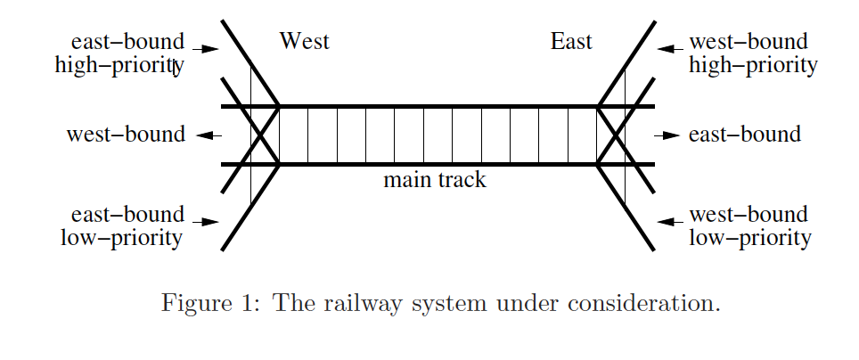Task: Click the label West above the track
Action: [x=304, y=41]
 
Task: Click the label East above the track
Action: [x=571, y=41]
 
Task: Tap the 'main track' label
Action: [x=435, y=180]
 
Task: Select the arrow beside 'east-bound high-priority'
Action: [x=207, y=49]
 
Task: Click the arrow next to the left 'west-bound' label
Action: [x=209, y=135]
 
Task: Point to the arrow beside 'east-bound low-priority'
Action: [x=207, y=222]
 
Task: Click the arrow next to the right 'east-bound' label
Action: [x=667, y=135]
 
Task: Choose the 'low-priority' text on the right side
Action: [x=750, y=239]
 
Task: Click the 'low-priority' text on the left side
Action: [x=121, y=239]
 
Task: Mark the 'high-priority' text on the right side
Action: [x=754, y=66]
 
